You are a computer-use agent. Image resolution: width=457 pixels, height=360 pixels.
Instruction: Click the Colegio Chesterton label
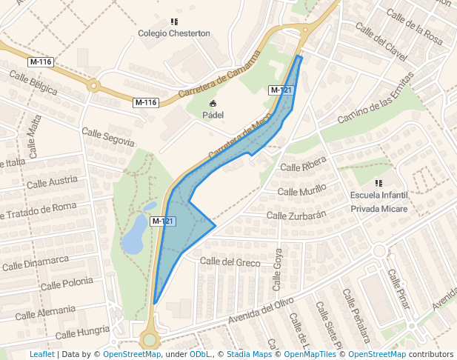click(174, 33)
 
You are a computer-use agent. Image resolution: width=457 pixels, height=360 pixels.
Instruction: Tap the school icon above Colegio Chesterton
click(174, 22)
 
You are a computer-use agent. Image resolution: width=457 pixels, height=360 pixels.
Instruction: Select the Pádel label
click(213, 115)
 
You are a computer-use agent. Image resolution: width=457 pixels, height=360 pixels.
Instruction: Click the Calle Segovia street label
click(108, 136)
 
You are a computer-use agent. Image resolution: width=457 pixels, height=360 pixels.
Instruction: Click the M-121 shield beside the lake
click(162, 221)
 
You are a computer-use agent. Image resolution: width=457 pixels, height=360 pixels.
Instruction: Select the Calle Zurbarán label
click(296, 215)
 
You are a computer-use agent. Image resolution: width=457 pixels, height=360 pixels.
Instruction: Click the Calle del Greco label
click(230, 261)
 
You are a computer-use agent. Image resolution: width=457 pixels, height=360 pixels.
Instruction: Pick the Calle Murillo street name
click(301, 191)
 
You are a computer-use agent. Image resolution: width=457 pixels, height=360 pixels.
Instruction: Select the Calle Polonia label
click(67, 283)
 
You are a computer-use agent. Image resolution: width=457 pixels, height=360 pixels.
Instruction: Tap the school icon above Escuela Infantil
click(379, 183)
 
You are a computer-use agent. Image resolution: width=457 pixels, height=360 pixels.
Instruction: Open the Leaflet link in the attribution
click(41, 355)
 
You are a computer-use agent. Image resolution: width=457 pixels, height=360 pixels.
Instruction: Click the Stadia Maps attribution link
click(249, 355)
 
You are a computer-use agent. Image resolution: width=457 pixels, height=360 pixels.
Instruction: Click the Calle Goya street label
click(278, 268)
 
